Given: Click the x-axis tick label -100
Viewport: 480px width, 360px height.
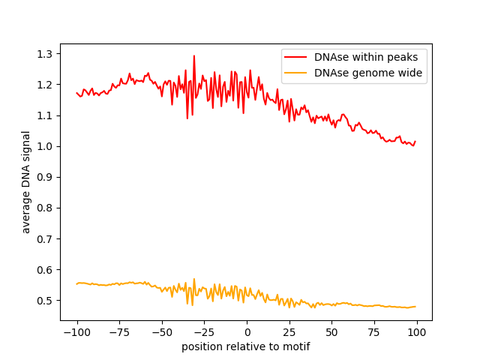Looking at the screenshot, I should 76,333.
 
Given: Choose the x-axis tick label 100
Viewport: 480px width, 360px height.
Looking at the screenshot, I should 418,333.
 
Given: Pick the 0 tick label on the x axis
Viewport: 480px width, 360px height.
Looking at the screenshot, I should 247,333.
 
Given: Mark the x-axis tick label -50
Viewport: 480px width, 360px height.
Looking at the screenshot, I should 161,333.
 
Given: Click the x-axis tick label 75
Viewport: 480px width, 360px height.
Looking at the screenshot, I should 375,333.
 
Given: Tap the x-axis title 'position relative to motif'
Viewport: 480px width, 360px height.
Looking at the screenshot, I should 246,347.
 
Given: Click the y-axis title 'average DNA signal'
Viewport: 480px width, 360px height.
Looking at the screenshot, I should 26,182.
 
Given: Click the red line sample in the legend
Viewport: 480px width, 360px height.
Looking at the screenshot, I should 297,56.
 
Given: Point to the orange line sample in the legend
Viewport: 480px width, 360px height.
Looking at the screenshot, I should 297,73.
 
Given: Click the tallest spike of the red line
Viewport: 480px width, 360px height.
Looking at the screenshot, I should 193,55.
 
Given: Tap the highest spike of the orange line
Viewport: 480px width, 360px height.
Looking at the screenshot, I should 193,279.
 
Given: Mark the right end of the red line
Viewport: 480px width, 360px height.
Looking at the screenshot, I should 415,142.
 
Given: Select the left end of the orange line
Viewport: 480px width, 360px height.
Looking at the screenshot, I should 76,283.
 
